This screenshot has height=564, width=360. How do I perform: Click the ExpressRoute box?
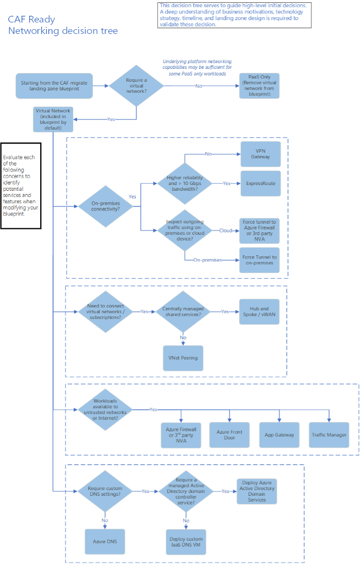tap(261, 184)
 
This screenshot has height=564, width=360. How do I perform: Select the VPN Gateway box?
tap(261, 154)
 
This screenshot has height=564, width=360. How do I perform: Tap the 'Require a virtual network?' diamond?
tap(136, 86)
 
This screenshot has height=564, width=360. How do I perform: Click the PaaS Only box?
tap(259, 86)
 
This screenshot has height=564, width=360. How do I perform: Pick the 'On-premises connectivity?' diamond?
tap(105, 206)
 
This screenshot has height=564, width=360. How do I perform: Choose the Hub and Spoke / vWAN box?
tap(259, 312)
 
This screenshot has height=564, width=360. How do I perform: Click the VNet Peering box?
tap(183, 358)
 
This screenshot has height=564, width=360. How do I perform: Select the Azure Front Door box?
tap(229, 435)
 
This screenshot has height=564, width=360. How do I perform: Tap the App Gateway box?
tap(279, 435)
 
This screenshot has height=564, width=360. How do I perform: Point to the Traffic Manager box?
tap(329, 435)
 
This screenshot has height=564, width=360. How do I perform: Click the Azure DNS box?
tap(105, 542)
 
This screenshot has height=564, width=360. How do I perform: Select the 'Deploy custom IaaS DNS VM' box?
tap(186, 542)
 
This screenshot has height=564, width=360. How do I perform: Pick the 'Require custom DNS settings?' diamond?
tap(105, 491)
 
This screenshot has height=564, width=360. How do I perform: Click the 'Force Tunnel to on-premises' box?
tap(259, 260)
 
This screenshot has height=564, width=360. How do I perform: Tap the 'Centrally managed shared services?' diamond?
tap(183, 312)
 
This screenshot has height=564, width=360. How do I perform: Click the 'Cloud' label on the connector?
tap(226, 230)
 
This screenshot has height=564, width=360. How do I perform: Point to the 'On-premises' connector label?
tap(207, 260)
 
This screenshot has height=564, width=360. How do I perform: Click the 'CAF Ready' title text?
tap(32, 20)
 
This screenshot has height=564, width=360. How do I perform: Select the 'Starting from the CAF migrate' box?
tap(55, 86)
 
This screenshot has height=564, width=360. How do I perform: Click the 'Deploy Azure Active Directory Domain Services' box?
tap(257, 491)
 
